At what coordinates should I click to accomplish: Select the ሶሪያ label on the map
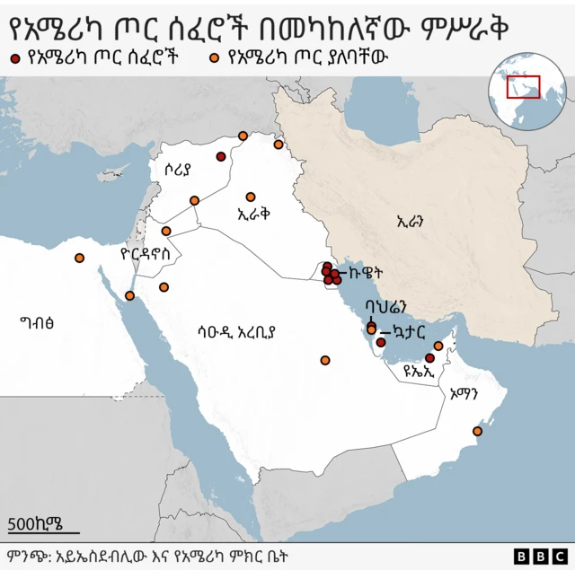(x=178, y=171)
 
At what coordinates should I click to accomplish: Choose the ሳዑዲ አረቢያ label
(x=236, y=331)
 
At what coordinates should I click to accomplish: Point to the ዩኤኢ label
(x=420, y=369)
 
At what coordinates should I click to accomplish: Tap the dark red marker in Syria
(x=221, y=157)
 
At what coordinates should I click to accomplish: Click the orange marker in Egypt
(x=79, y=259)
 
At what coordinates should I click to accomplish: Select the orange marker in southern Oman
(x=478, y=433)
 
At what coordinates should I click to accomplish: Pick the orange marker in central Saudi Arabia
(x=324, y=361)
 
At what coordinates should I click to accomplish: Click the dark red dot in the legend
(x=15, y=58)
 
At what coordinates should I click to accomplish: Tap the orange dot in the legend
(x=215, y=58)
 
